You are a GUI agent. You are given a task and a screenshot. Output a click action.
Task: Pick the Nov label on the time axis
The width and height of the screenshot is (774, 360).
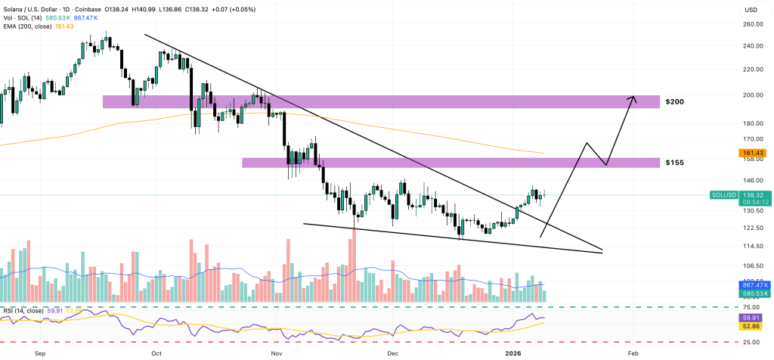(x=275, y=352)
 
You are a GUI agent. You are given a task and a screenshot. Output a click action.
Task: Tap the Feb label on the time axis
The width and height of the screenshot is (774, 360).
(x=632, y=352)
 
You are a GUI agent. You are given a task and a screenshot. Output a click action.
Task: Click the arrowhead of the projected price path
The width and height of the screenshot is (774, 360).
(x=633, y=99)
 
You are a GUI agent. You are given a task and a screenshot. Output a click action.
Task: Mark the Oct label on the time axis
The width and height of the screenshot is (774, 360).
(x=156, y=352)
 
